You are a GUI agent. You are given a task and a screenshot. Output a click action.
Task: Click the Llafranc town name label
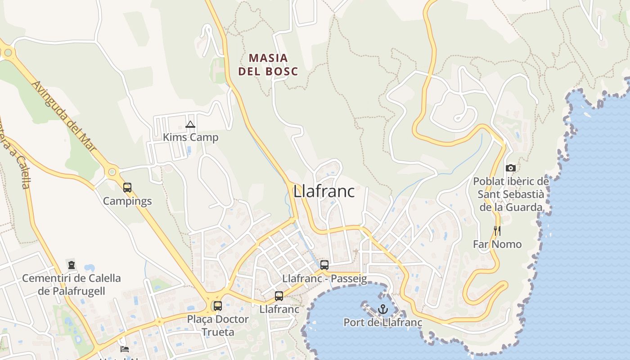(324, 191)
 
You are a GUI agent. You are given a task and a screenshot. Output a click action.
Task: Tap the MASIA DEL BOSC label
(268, 64)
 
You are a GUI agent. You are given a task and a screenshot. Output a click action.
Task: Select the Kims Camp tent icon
(190, 124)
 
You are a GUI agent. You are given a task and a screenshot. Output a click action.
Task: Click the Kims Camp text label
(190, 137)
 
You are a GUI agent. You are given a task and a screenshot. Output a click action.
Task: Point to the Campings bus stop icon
(127, 187)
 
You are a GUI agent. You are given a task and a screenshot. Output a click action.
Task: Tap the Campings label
(127, 201)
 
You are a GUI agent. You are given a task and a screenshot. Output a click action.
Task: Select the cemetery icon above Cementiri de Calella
(71, 265)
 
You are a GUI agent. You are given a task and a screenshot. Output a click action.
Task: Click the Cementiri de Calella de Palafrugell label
(72, 284)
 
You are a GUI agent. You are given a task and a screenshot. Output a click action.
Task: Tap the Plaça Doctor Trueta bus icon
(218, 306)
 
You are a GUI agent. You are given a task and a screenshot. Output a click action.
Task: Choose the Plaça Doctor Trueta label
(218, 325)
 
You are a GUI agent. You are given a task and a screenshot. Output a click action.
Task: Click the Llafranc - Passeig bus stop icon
(324, 265)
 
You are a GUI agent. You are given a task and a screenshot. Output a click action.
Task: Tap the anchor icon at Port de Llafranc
(383, 309)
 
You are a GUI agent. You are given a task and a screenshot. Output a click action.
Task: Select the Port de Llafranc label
(383, 322)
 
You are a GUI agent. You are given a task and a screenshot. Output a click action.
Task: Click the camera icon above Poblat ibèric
(511, 168)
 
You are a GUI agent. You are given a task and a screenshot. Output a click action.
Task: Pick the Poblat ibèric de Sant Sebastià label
(511, 194)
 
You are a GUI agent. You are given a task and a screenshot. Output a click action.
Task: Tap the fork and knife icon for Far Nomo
(497, 231)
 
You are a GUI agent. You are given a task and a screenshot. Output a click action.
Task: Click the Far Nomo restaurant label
(497, 244)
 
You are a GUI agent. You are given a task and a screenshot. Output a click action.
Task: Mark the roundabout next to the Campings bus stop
(112, 171)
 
